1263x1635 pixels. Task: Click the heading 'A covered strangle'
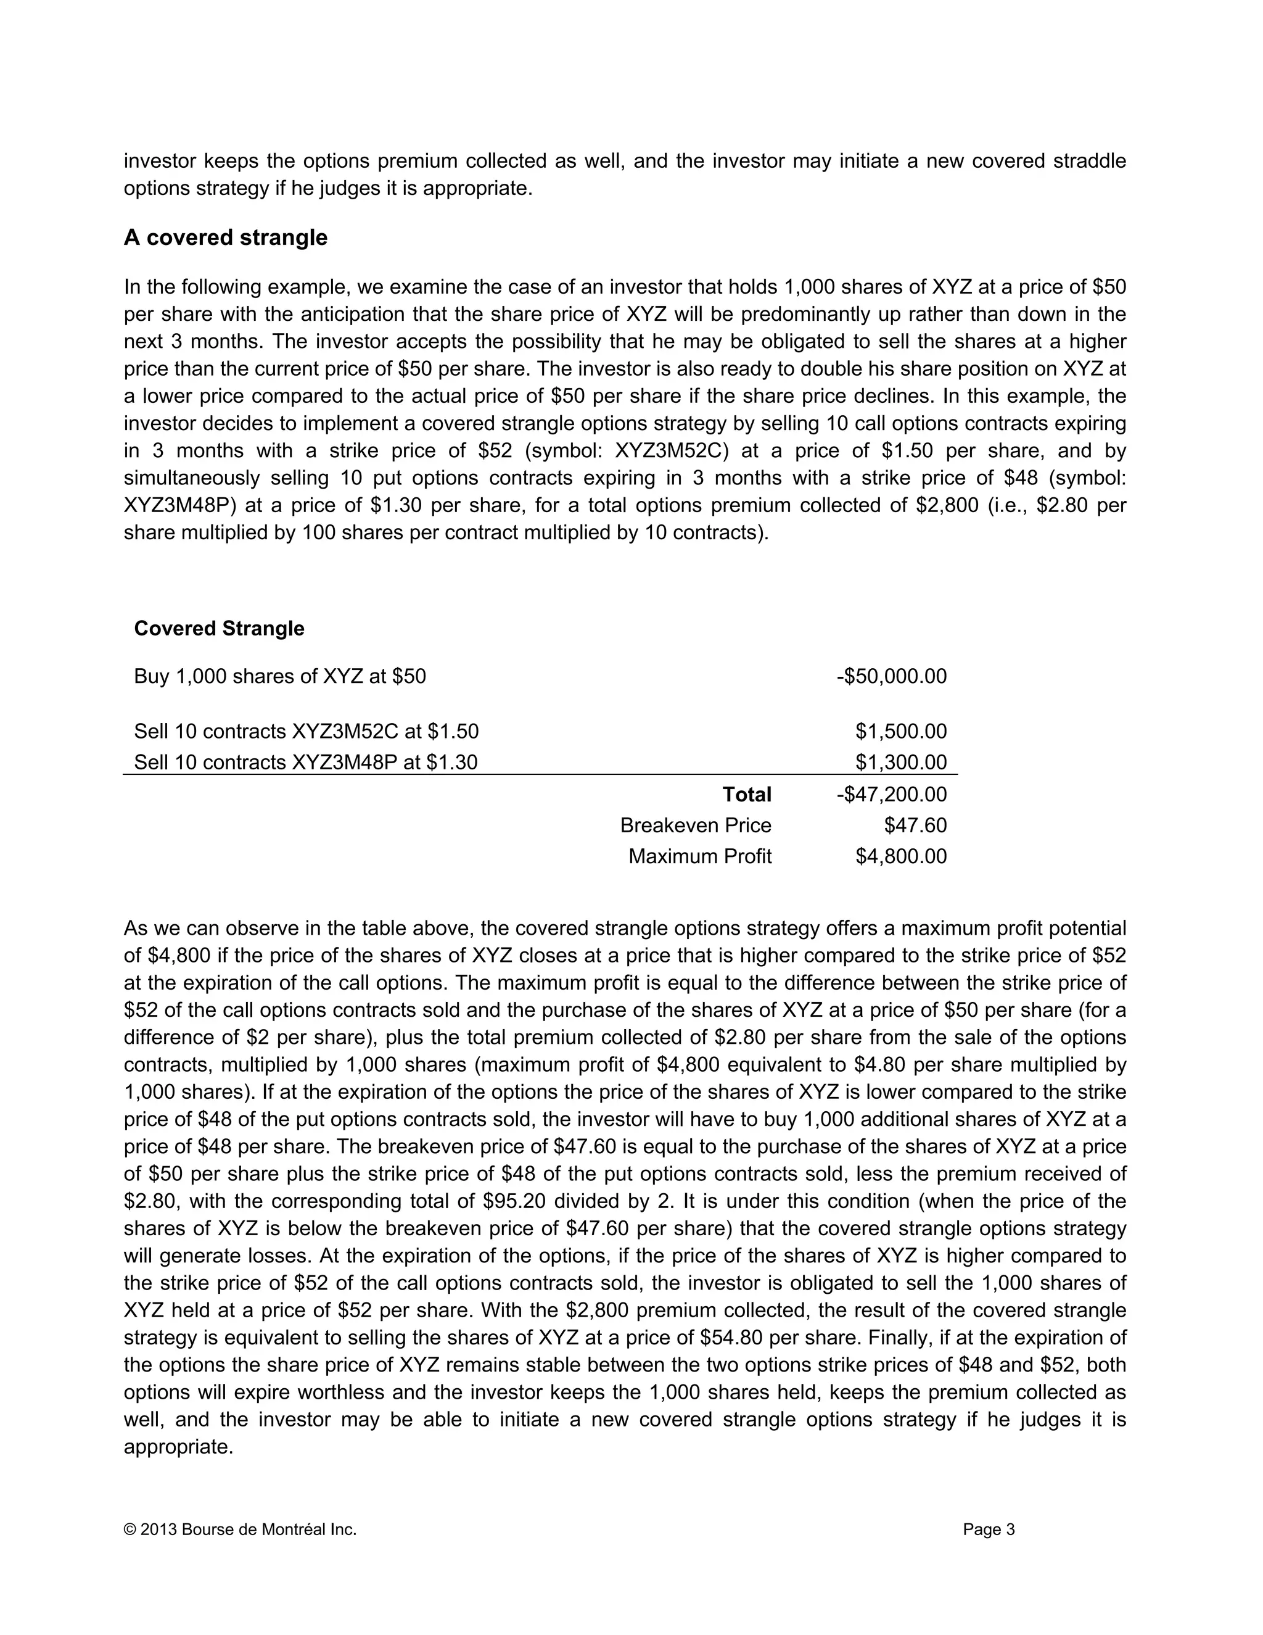click(225, 238)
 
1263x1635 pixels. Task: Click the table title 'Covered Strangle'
click(218, 628)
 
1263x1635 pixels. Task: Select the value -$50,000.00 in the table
click(891, 676)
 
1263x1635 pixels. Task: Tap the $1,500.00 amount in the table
click(901, 731)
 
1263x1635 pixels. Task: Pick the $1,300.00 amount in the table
click(901, 762)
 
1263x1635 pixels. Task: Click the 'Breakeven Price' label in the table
click(695, 825)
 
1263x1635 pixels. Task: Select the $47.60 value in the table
click(915, 825)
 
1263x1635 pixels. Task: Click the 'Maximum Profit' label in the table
click(699, 856)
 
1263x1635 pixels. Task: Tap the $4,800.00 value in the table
click(901, 856)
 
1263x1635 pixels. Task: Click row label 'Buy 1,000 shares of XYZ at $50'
click(280, 676)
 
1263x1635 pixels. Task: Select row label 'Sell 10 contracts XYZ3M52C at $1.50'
click(306, 731)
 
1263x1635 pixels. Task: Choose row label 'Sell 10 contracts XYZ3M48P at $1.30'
click(305, 762)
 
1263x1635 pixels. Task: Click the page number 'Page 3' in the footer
click(989, 1529)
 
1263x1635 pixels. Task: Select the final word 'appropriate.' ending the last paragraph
click(179, 1446)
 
